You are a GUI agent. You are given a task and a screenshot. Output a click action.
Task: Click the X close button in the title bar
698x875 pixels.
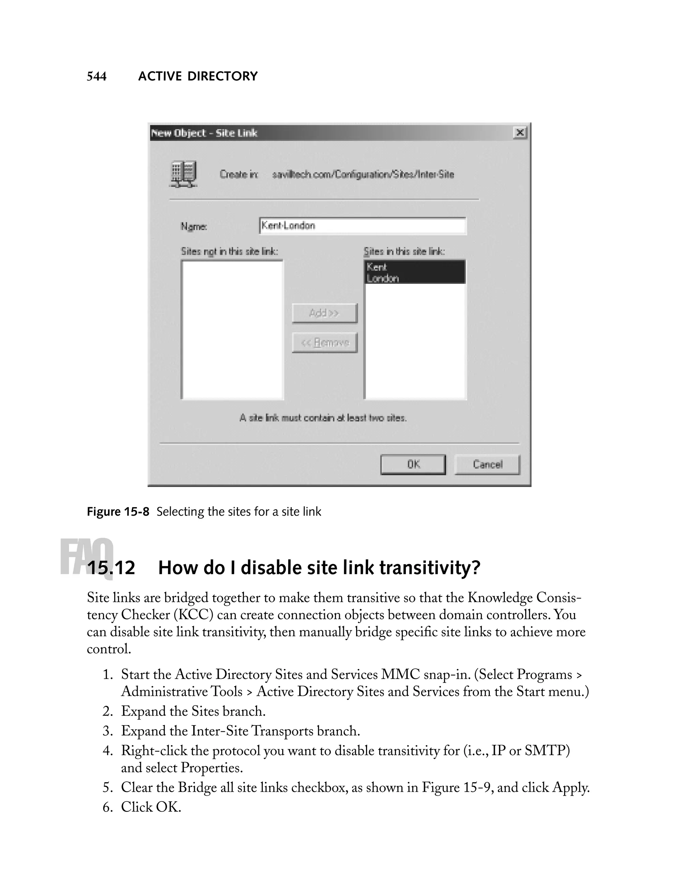pos(520,133)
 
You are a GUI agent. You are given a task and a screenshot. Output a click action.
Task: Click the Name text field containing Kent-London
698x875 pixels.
pos(362,226)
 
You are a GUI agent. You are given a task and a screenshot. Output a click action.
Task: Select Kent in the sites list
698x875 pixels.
pos(414,267)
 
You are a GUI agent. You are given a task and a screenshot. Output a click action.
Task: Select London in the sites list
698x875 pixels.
pos(414,278)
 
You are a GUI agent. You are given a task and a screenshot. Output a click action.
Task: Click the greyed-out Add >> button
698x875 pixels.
pos(324,313)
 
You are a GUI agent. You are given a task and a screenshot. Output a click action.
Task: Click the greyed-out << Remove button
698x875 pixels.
pos(324,343)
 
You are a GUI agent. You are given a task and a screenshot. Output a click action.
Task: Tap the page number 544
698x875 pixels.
pos(97,76)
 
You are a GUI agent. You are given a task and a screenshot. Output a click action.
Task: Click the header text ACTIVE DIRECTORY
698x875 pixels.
pos(198,76)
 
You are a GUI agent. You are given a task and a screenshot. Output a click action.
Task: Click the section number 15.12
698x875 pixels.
pos(111,567)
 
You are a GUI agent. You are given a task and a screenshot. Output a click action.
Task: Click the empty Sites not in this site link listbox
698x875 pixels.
pos(232,330)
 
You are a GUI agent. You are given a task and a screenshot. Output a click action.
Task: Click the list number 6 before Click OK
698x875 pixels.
pos(107,807)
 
